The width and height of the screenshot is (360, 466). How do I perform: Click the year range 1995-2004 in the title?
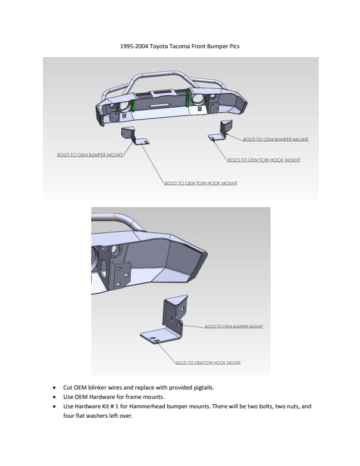[134, 46]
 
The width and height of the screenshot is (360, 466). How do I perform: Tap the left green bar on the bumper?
[133, 105]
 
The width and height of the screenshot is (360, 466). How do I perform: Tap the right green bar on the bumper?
[188, 98]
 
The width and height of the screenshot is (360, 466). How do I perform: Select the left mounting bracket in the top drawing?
[134, 135]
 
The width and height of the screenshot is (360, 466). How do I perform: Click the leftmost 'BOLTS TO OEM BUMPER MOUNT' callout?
[89, 155]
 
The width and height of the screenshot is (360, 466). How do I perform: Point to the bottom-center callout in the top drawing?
[201, 183]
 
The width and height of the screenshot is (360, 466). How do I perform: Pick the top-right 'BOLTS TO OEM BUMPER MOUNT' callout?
[276, 139]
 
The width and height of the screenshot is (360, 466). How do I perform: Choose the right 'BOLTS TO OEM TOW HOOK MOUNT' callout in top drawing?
[264, 160]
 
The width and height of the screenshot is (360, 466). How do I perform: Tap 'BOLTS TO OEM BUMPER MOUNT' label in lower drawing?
[234, 327]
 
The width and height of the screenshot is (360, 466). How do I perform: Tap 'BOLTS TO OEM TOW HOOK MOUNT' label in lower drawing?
[208, 362]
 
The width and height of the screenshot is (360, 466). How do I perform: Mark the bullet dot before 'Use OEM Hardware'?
[54, 397]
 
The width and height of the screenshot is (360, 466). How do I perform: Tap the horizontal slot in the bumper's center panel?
[160, 105]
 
